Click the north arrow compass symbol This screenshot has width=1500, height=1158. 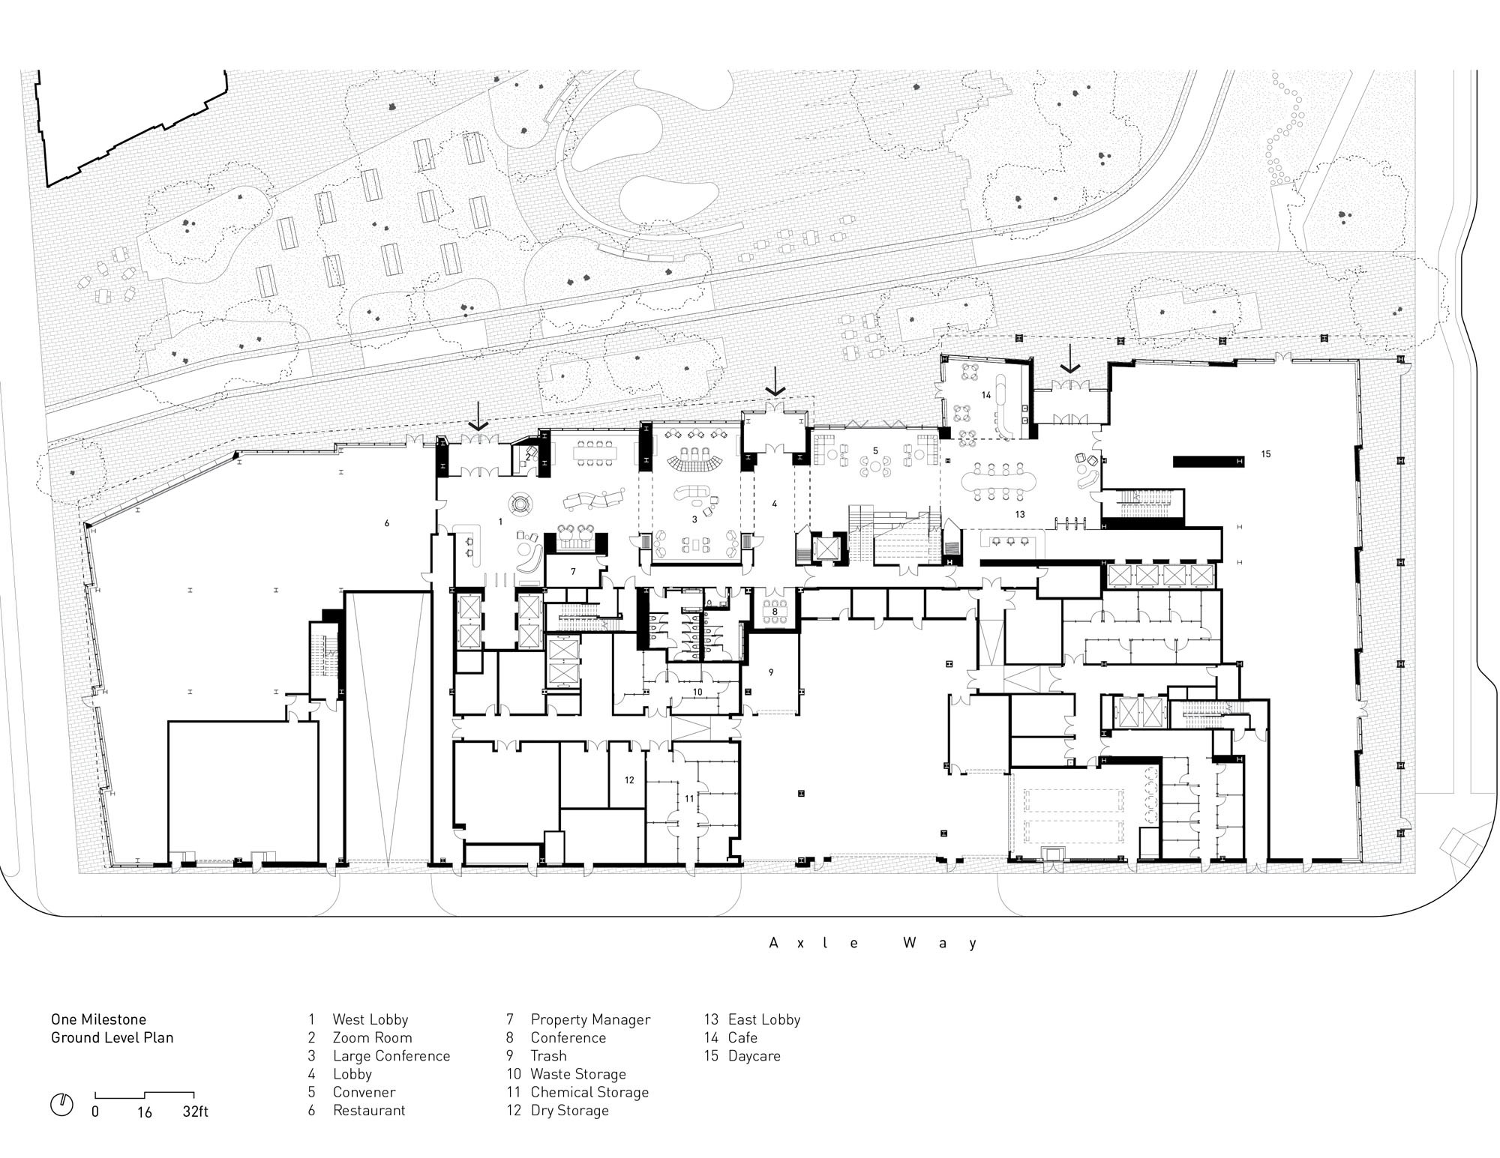tap(61, 1105)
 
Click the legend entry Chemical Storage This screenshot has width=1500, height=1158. tap(577, 1092)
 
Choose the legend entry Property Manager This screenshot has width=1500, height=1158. tap(578, 1019)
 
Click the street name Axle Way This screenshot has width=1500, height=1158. tap(874, 943)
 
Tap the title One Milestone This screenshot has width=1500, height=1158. tap(98, 1019)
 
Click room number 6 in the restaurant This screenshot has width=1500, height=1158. tap(387, 523)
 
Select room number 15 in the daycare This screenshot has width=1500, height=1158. tap(1266, 454)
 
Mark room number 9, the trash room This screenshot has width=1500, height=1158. tap(770, 672)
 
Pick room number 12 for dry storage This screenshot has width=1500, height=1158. tap(629, 780)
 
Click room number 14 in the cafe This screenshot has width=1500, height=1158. tap(986, 394)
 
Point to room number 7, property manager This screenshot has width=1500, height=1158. tap(573, 571)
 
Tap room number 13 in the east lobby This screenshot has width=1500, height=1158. tap(1020, 515)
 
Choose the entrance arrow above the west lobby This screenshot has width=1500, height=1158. tap(478, 416)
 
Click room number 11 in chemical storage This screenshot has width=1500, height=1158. tap(689, 799)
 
